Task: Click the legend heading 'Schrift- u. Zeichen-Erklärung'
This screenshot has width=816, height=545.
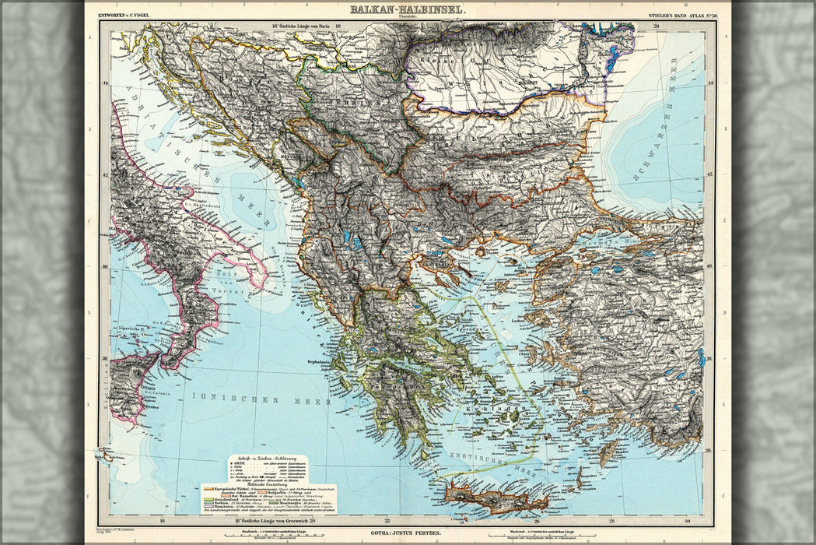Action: (x=268, y=458)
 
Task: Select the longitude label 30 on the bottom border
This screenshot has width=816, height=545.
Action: (x=685, y=522)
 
